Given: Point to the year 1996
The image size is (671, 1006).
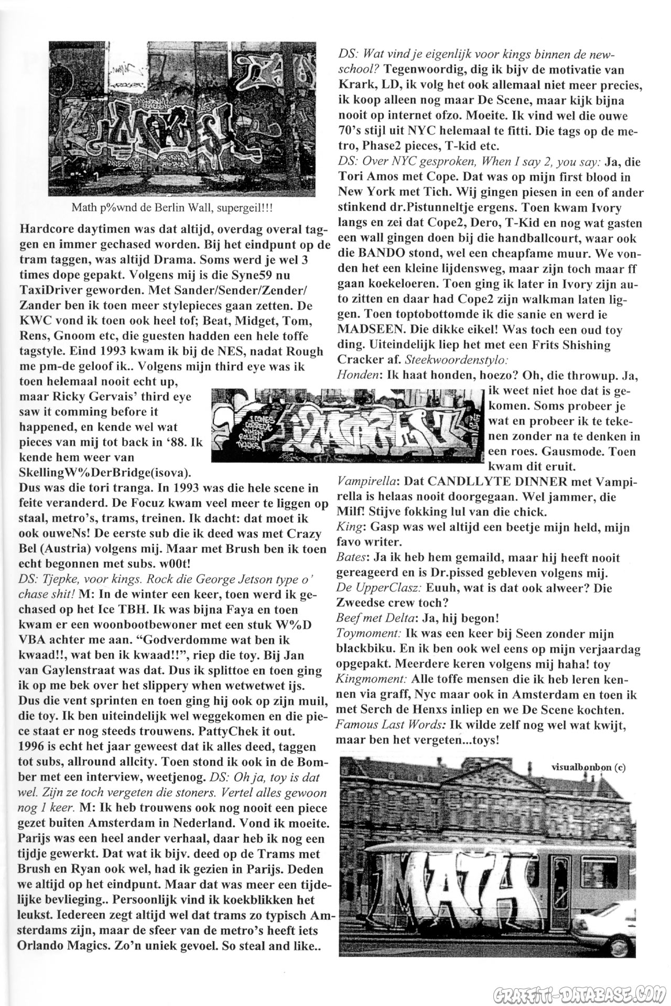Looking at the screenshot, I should [x=35, y=747].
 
